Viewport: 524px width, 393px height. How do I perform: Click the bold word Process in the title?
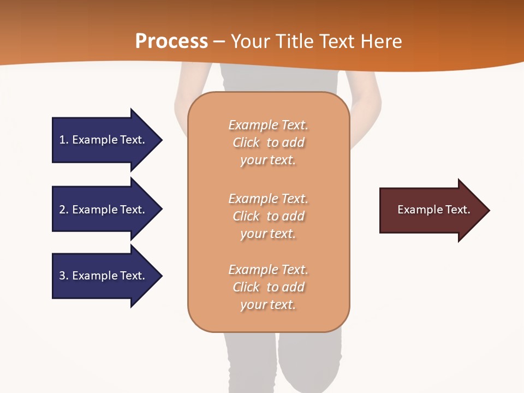pos(171,41)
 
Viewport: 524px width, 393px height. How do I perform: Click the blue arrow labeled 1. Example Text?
pos(104,140)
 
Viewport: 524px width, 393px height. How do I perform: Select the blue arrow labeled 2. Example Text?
pos(104,210)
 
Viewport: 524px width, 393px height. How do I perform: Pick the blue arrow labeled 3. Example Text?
pos(104,276)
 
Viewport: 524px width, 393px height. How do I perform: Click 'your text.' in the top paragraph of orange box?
pos(268,160)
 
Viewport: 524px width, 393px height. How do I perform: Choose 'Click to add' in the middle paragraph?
pos(268,216)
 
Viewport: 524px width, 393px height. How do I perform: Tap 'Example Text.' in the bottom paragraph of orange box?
pos(268,270)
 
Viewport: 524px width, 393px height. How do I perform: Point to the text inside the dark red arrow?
pos(433,210)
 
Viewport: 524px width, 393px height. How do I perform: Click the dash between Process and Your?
pos(219,41)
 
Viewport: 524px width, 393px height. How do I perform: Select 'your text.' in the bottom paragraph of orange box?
pos(268,305)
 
